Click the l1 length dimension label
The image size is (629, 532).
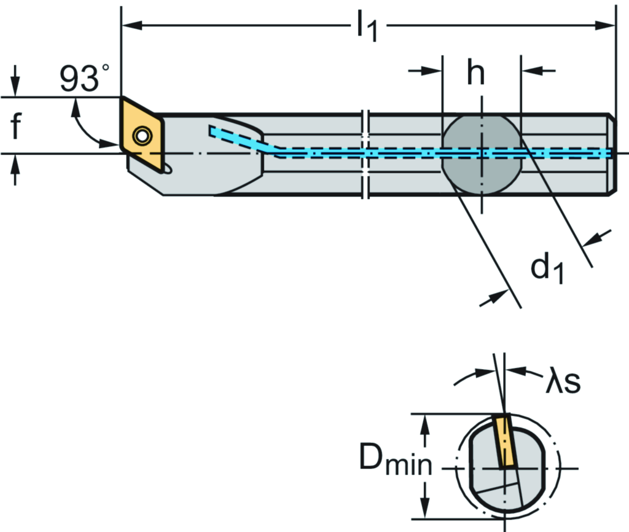pos(367,27)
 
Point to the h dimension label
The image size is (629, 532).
pos(475,73)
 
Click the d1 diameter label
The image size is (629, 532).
pos(547,268)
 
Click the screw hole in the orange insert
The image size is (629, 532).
pos(143,136)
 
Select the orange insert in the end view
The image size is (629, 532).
pos(504,441)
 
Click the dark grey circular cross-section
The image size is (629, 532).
pos(482,154)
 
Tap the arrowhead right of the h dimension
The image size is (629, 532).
pos(529,71)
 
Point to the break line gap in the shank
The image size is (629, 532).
pos(367,154)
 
